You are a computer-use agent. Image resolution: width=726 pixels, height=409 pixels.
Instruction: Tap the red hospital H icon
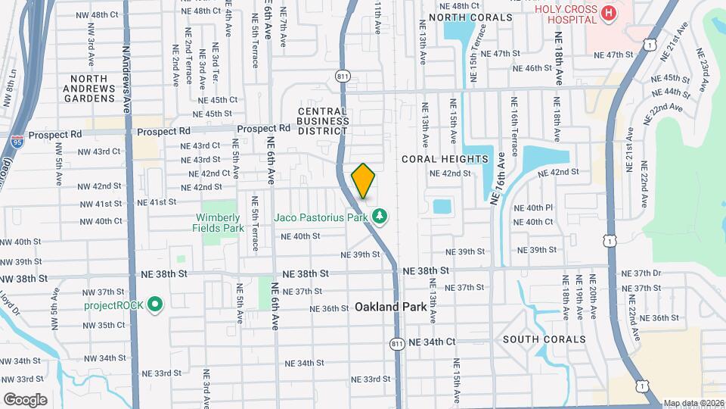click(x=607, y=13)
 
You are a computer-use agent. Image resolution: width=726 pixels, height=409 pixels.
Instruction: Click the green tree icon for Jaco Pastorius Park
click(x=380, y=218)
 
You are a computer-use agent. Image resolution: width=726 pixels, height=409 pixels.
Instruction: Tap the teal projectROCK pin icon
click(x=155, y=305)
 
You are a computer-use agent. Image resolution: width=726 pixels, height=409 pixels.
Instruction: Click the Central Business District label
click(x=322, y=120)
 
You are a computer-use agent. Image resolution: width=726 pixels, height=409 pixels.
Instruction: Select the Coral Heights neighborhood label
click(x=445, y=159)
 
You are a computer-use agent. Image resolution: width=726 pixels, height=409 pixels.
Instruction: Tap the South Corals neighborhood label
click(x=544, y=339)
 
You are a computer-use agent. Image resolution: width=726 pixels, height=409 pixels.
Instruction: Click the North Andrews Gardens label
click(x=92, y=88)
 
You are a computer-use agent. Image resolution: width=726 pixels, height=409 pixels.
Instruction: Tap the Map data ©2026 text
click(x=693, y=403)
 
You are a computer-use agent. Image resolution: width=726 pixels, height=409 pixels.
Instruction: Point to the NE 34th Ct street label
click(x=432, y=342)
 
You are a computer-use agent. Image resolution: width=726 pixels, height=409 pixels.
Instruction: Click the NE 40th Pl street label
click(x=533, y=208)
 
